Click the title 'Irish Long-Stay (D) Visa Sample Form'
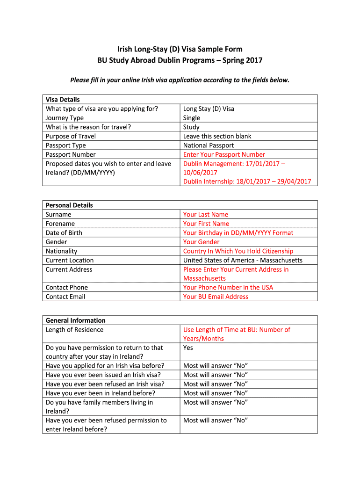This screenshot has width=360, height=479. tap(180, 49)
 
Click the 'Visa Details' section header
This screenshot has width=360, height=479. tap(63, 100)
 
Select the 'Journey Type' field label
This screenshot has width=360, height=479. tap(65, 118)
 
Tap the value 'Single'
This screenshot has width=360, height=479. tap(192, 118)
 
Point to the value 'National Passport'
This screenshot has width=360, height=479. tap(209, 145)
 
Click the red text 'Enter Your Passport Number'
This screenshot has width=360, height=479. tap(224, 154)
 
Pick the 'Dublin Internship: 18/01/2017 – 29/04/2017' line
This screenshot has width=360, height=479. tap(247, 181)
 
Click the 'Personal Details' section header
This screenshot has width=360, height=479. tap(69, 205)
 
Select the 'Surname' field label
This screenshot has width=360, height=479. tap(58, 214)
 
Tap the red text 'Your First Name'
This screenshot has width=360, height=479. tap(206, 224)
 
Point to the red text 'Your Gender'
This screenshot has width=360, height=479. tap(201, 242)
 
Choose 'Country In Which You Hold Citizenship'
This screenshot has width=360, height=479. tap(238, 251)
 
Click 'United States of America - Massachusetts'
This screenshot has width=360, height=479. tap(243, 260)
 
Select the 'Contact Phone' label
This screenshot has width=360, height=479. tap(67, 287)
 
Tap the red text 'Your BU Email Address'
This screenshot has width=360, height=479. tap(216, 297)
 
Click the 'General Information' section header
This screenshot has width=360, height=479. tap(75, 320)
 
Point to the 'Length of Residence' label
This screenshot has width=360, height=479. tap(74, 330)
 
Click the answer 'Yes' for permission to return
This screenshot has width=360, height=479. tap(188, 348)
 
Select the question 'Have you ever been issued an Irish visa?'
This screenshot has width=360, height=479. tap(103, 375)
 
